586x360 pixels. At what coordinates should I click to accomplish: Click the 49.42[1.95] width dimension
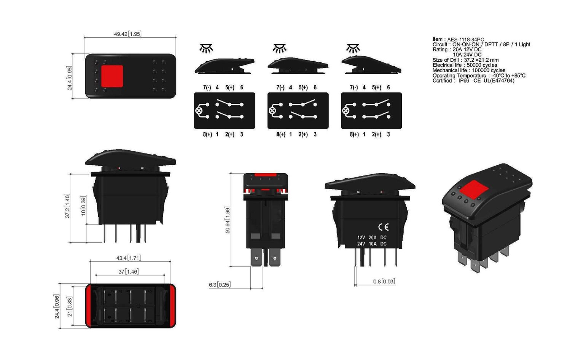[127, 34]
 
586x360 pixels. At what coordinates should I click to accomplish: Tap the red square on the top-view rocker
[112, 76]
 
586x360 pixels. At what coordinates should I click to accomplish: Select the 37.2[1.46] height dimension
[67, 206]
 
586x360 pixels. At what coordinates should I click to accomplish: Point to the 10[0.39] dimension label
[84, 205]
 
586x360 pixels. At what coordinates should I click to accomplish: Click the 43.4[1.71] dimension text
[128, 258]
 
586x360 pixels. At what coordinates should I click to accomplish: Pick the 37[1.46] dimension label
[128, 271]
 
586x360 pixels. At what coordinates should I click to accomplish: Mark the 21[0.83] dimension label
[70, 307]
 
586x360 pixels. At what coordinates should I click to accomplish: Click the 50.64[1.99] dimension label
[228, 220]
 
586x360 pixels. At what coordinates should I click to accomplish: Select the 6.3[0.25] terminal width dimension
[219, 285]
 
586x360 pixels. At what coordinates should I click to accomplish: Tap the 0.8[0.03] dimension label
[384, 281]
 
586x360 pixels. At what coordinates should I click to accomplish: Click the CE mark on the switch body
[383, 227]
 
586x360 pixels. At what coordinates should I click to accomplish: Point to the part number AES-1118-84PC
[465, 39]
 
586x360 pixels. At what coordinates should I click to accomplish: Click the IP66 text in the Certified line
[463, 81]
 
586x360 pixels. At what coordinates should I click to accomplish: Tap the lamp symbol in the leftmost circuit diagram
[199, 111]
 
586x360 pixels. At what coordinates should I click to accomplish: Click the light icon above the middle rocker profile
[279, 48]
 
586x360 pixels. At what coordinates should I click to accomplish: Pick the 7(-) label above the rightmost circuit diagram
[354, 88]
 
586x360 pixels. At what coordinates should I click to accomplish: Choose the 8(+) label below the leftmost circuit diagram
[207, 134]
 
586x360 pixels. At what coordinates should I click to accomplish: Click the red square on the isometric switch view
[474, 190]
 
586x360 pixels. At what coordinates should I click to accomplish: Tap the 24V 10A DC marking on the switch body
[372, 244]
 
